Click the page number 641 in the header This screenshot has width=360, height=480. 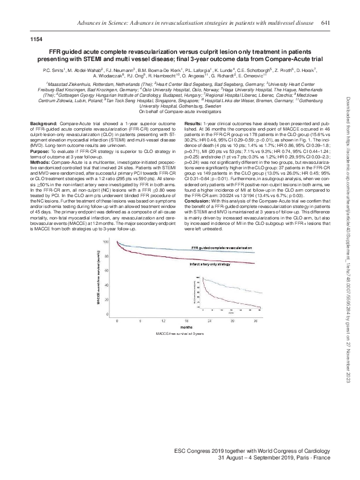(x=325, y=22)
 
